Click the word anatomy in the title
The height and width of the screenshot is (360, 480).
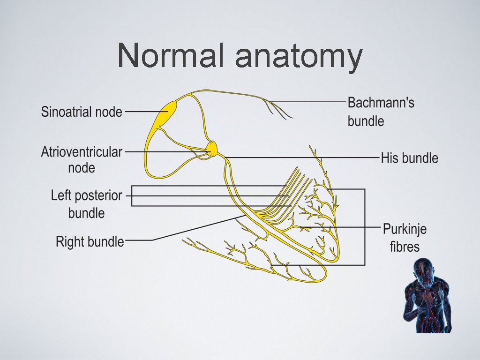tap(298, 57)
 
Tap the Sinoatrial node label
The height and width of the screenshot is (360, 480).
tap(82, 112)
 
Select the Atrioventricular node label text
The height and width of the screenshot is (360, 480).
tap(82, 160)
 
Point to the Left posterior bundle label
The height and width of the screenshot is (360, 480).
tap(86, 204)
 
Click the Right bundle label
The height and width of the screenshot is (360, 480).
tap(90, 242)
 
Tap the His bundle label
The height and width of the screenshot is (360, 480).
tap(409, 158)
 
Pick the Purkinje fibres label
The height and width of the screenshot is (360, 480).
tap(405, 238)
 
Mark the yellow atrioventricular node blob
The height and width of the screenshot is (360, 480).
tap(212, 149)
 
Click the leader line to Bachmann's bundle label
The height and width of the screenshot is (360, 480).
tap(309, 101)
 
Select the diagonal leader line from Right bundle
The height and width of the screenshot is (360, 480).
tap(197, 229)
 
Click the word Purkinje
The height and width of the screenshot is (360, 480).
tap(405, 230)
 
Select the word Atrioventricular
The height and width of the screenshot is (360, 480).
tap(82, 152)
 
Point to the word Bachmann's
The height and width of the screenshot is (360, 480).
tap(381, 103)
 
